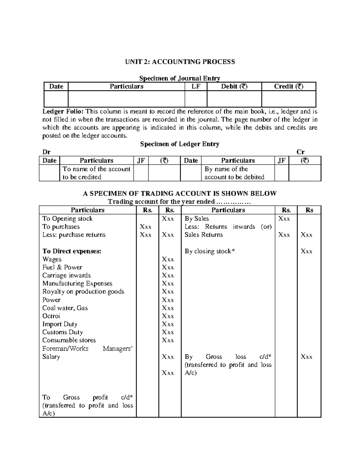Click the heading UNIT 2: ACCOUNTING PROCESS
[180, 62]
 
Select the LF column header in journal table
[196, 87]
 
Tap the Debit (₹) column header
[234, 87]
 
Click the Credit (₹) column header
[289, 87]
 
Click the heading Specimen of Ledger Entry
[180, 144]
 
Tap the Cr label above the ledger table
[300, 152]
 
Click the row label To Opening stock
[67, 219]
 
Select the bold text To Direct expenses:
[72, 251]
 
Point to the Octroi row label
[51, 316]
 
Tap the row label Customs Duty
[62, 332]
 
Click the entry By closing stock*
[210, 251]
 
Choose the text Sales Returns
[204, 235]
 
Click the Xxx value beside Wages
[168, 259]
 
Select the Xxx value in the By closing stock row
[306, 251]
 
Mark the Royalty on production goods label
[83, 292]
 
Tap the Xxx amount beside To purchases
[145, 227]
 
